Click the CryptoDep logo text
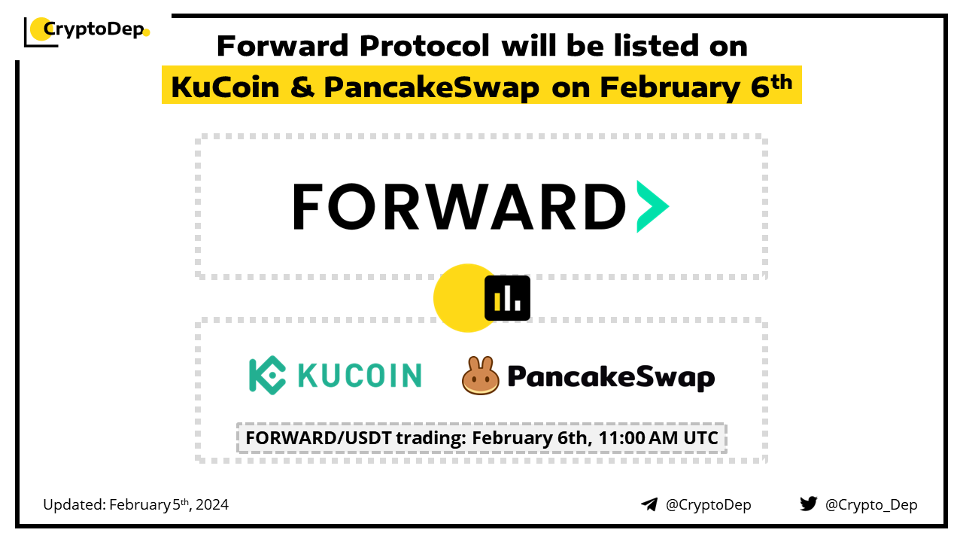94,30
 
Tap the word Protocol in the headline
425,46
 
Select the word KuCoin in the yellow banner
225,87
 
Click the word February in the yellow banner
670,88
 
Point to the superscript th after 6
782,82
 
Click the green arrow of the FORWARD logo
652,206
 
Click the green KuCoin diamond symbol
267,376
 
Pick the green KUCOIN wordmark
360,376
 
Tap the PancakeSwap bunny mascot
480,376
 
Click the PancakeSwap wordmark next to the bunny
611,377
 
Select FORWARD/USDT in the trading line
318,438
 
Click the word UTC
700,438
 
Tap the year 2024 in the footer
212,504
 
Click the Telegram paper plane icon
649,504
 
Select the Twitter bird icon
809,504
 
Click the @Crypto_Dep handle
871,505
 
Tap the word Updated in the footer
74,504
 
